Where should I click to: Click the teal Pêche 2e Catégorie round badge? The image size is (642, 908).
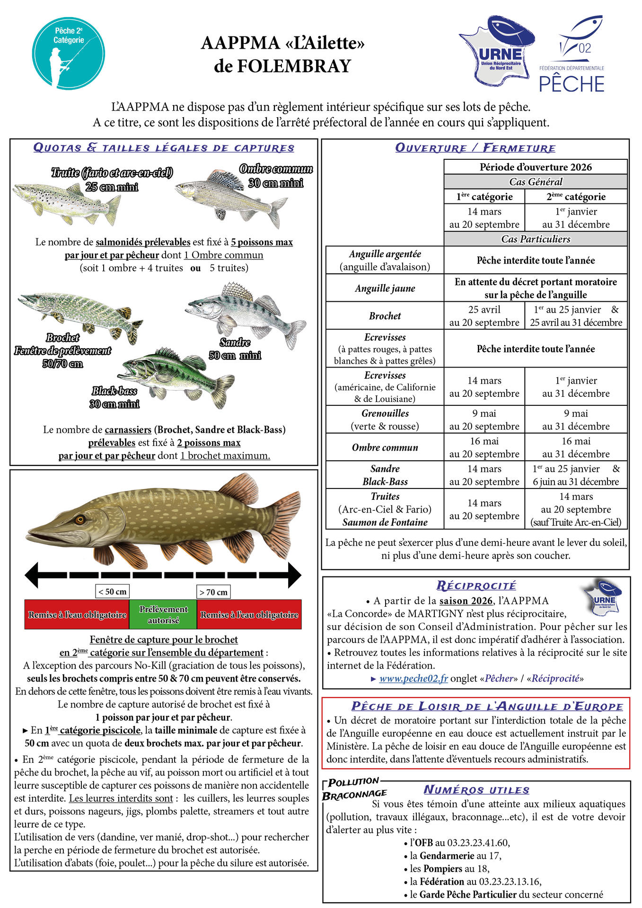tap(69, 53)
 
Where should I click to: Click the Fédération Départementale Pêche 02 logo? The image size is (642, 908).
tap(573, 54)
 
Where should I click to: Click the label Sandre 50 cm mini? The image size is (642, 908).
tap(235, 349)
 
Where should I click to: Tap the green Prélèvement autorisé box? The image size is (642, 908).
tap(163, 615)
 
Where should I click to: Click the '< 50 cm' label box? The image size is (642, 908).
tap(112, 592)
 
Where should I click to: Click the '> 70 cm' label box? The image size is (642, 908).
tap(213, 592)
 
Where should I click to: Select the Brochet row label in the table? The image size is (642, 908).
tap(385, 316)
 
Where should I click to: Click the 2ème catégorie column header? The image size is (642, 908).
tap(576, 197)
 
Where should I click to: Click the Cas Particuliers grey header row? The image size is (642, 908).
tap(535, 239)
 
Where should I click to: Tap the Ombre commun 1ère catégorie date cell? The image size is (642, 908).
tap(484, 447)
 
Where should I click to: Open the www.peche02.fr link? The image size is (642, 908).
tap(413, 679)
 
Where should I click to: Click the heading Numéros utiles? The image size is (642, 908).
tap(476, 790)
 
